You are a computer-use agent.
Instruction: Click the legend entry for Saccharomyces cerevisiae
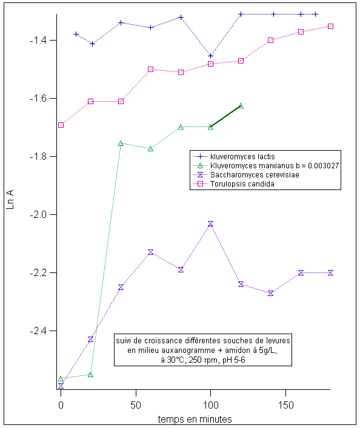pyautogui.click(x=255, y=175)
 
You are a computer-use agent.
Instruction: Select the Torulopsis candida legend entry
pyautogui.click(x=242, y=183)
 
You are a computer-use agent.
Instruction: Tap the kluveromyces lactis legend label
pyautogui.click(x=242, y=156)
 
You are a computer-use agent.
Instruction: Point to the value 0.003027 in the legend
pyautogui.click(x=324, y=166)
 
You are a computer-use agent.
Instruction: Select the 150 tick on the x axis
pyautogui.click(x=285, y=406)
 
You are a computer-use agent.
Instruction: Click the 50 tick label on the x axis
pyautogui.click(x=136, y=406)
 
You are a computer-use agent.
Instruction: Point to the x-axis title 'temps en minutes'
pyautogui.click(x=195, y=419)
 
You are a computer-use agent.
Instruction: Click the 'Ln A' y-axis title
pyautogui.click(x=10, y=200)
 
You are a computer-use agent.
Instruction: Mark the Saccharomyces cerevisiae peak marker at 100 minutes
pyautogui.click(x=210, y=224)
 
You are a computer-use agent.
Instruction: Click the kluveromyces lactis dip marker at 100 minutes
pyautogui.click(x=210, y=56)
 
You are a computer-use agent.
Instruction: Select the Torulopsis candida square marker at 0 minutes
pyautogui.click(x=61, y=125)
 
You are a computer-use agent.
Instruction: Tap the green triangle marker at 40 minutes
pyautogui.click(x=121, y=143)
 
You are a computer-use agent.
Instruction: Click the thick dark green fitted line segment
pyautogui.click(x=225, y=117)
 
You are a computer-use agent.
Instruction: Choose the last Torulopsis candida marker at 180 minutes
pyautogui.click(x=330, y=27)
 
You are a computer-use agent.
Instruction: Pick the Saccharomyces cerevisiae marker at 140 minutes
pyautogui.click(x=271, y=294)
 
